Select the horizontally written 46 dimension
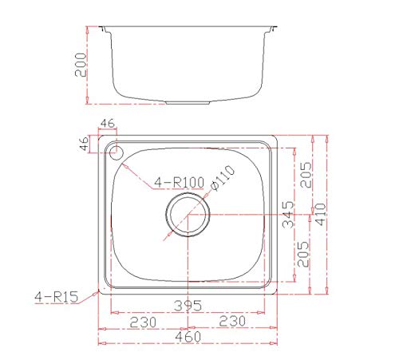(109, 125)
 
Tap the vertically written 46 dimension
(84, 144)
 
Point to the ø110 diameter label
(223, 177)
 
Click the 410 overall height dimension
(320, 214)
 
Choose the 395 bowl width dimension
(188, 305)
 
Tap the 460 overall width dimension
(188, 338)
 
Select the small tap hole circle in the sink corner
(117, 151)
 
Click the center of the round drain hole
(188, 216)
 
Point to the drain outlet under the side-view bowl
(188, 103)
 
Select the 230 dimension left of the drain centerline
(144, 320)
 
